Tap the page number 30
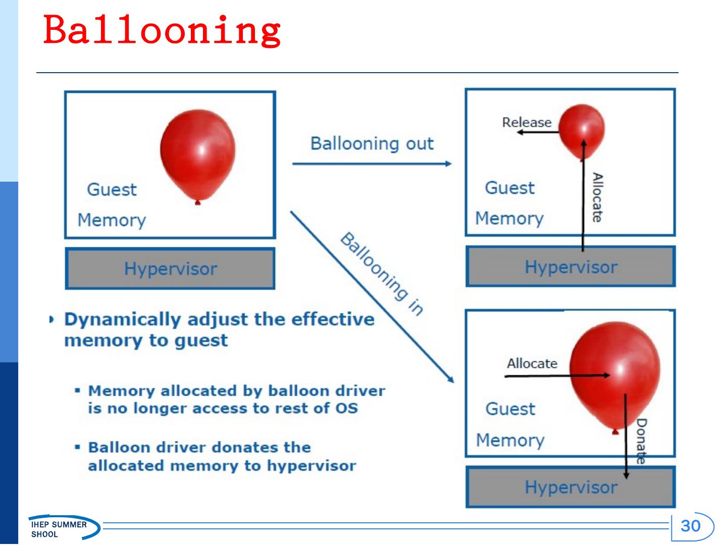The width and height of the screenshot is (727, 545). (691, 526)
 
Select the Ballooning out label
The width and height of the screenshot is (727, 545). (372, 144)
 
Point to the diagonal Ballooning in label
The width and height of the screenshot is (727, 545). (382, 274)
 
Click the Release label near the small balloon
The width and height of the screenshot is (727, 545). (527, 123)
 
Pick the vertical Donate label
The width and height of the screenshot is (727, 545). (641, 441)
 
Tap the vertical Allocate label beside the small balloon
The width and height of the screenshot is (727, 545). (597, 197)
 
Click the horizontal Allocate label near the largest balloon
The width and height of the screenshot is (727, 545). (532, 364)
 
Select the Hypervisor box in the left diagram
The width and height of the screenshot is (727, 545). (170, 268)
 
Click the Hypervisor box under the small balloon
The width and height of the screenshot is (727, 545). (570, 266)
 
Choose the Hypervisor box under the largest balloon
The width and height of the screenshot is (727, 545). (570, 487)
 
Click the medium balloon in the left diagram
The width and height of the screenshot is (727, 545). (198, 154)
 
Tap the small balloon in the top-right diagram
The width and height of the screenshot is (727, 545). (582, 130)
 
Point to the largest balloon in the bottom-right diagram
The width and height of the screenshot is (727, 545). (615, 376)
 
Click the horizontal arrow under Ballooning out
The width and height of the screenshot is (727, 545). (372, 163)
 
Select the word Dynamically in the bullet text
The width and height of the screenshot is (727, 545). (123, 320)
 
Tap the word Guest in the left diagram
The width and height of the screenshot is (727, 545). (112, 190)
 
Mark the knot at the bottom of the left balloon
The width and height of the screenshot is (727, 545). (197, 202)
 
